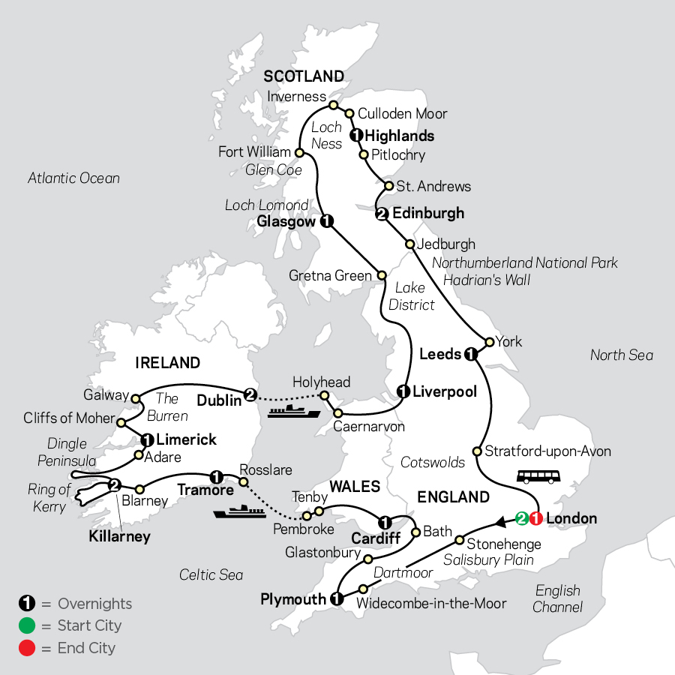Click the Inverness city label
297,97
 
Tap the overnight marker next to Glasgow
326,221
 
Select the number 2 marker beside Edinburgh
382,214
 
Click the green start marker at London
522,518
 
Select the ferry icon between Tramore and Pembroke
238,513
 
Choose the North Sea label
621,355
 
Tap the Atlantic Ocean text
73,178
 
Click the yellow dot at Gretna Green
381,275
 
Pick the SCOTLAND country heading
303,76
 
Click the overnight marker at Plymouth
336,598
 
